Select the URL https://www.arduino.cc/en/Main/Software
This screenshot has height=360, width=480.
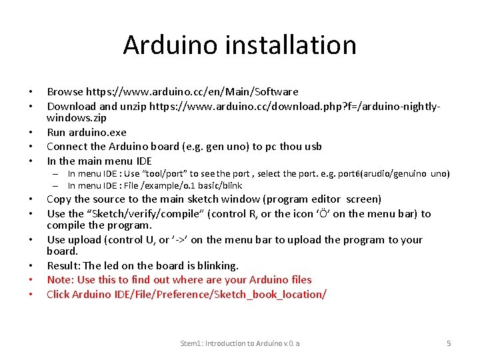[x=191, y=91]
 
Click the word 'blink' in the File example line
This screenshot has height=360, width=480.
[x=231, y=185]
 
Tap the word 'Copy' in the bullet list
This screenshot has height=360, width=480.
[x=59, y=199]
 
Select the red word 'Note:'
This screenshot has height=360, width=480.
[x=61, y=280]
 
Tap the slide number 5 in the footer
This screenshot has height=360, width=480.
[x=449, y=343]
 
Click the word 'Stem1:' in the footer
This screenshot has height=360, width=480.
[x=192, y=343]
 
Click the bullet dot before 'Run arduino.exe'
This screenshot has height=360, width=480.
[x=31, y=133]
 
